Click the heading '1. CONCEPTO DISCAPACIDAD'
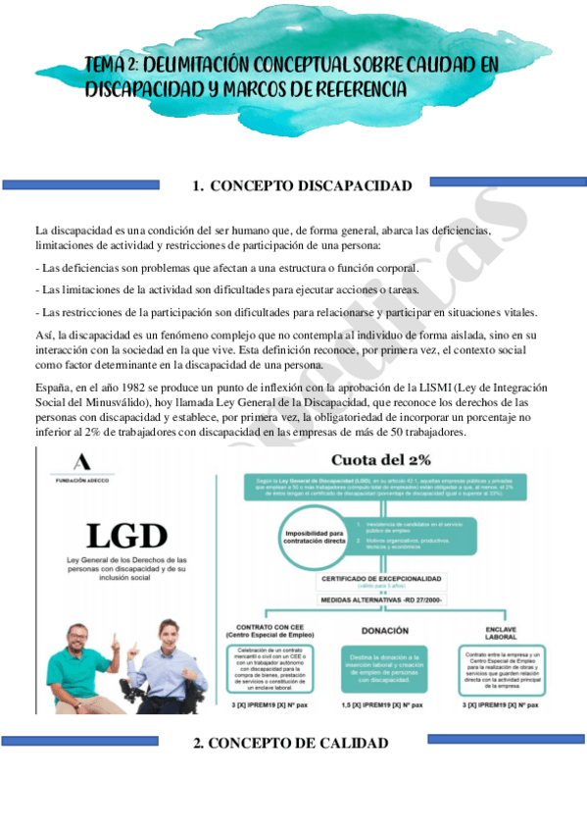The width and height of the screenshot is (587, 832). [x=302, y=185]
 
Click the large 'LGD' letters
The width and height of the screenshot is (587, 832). [x=122, y=536]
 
